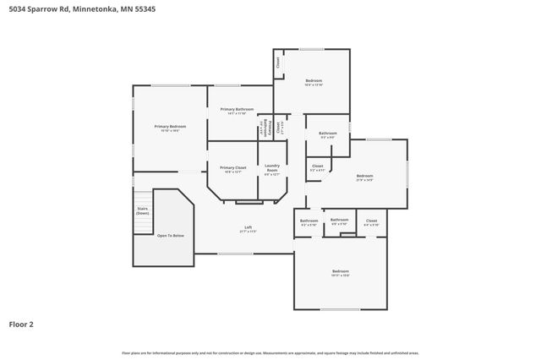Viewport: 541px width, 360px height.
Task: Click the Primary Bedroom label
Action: (170, 128)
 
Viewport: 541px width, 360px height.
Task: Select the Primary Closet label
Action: (232, 169)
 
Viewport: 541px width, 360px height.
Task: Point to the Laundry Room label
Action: (272, 169)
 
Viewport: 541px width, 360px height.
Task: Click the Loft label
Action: (249, 228)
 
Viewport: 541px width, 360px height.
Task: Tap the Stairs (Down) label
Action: (143, 210)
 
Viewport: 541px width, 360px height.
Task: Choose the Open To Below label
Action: (170, 235)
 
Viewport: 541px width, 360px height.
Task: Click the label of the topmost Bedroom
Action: (314, 82)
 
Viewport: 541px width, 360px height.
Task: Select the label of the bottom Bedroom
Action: (340, 272)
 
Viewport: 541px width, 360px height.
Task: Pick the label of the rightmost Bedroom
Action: (364, 177)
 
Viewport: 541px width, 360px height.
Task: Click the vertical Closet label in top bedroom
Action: (278, 63)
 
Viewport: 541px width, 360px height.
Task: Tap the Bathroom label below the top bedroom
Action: (327, 134)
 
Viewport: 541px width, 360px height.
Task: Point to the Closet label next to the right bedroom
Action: (317, 167)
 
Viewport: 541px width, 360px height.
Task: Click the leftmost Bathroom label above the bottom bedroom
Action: (309, 222)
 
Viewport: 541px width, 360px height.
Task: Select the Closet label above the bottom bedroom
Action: (371, 222)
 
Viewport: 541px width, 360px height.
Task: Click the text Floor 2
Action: (22, 324)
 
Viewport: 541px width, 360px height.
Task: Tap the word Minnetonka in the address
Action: (95, 8)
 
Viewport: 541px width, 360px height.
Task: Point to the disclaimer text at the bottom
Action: (270, 352)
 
